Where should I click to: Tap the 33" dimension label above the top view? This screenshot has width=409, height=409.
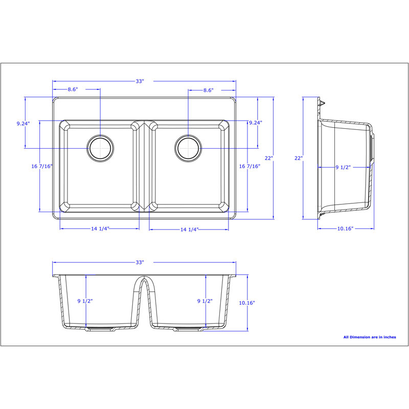(x=140, y=81)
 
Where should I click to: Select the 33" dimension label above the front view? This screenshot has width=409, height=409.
(x=140, y=262)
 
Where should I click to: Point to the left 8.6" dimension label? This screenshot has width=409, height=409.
(x=73, y=89)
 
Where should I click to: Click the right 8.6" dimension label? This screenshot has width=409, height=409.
(x=209, y=90)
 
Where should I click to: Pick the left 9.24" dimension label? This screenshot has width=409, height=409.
(x=23, y=123)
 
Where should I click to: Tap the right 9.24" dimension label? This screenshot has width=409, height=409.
(x=255, y=123)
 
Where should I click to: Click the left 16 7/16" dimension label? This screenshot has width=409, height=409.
(x=42, y=166)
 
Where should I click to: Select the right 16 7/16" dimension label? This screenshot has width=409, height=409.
(x=249, y=166)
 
